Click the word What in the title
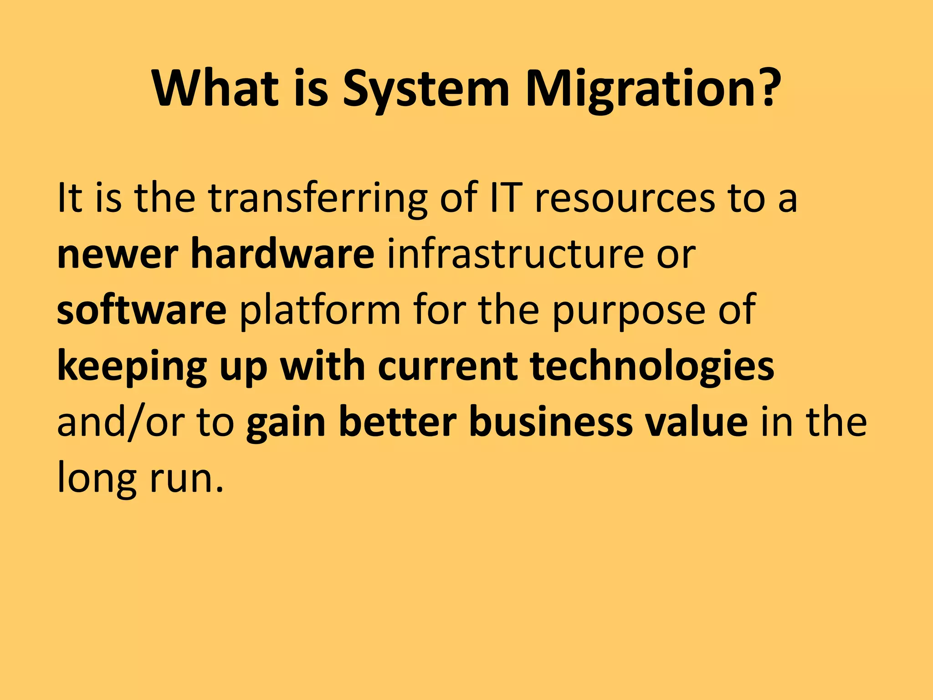[215, 89]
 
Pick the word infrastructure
[515, 253]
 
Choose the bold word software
[142, 310]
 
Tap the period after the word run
[220, 490]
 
